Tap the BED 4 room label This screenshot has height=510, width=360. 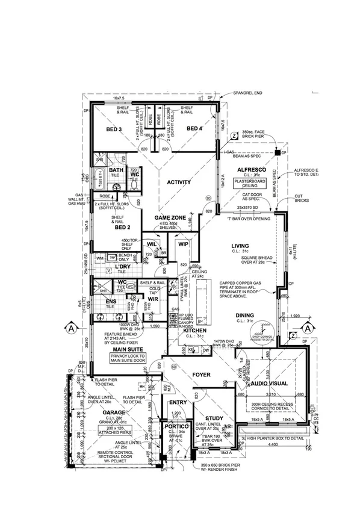click(x=194, y=129)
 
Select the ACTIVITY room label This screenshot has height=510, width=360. click(x=179, y=182)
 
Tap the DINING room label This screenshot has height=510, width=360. click(x=244, y=315)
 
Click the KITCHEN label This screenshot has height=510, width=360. click(x=196, y=332)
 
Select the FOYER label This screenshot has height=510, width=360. click(x=201, y=375)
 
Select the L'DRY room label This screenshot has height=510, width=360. click(x=123, y=266)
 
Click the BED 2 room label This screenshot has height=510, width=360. click(x=123, y=227)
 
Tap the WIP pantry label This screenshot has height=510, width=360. click(x=182, y=244)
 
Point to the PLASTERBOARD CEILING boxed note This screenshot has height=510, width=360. click(x=251, y=182)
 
